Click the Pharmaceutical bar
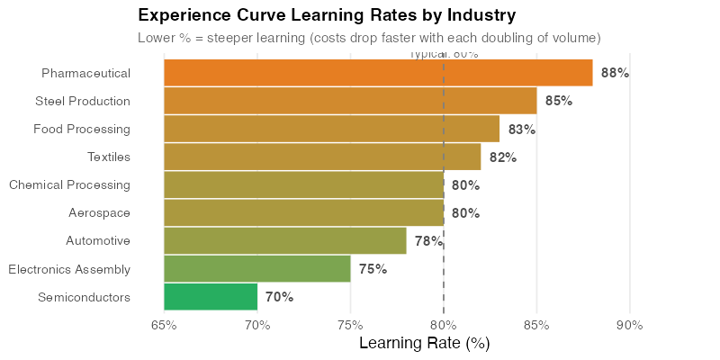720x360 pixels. pyautogui.click(x=378, y=73)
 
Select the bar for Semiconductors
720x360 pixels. pyautogui.click(x=211, y=297)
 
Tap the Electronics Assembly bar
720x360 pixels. pyautogui.click(x=257, y=269)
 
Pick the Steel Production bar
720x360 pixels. pyautogui.click(x=350, y=101)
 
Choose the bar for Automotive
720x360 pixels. pyautogui.click(x=285, y=241)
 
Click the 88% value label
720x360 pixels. pyautogui.click(x=615, y=73)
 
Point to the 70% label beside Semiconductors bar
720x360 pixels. pyautogui.click(x=279, y=297)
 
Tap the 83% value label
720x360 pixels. pyautogui.click(x=521, y=130)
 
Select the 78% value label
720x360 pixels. pyautogui.click(x=427, y=241)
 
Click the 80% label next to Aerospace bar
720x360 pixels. pyautogui.click(x=465, y=213)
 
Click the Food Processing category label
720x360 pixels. pyautogui.click(x=82, y=130)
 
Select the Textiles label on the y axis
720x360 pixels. pyautogui.click(x=109, y=157)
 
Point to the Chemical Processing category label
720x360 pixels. pyautogui.click(x=69, y=185)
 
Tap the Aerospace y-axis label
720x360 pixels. pyautogui.click(x=99, y=213)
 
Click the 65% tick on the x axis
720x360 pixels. pyautogui.click(x=164, y=325)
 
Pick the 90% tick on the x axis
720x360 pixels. pyautogui.click(x=629, y=325)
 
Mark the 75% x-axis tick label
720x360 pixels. pyautogui.click(x=350, y=325)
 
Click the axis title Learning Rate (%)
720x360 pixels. pyautogui.click(x=424, y=343)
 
